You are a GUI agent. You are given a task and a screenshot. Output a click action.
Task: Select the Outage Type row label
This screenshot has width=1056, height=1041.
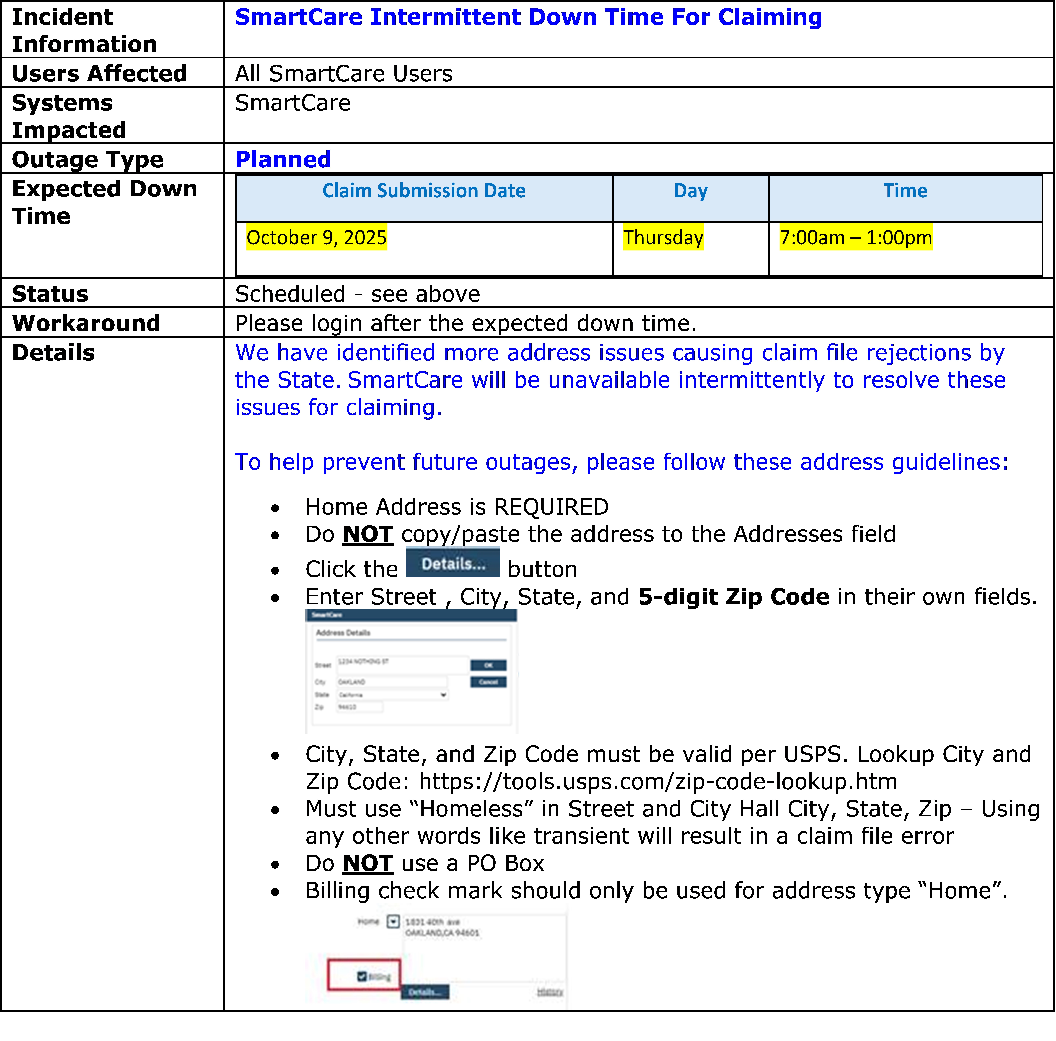click(x=87, y=160)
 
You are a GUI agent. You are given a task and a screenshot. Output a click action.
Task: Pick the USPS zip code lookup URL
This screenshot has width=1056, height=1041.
click(x=658, y=782)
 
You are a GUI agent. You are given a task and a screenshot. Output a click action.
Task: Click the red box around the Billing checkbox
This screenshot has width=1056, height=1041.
click(x=364, y=974)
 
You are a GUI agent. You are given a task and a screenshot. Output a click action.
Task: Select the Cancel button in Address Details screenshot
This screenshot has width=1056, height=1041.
click(x=488, y=682)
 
